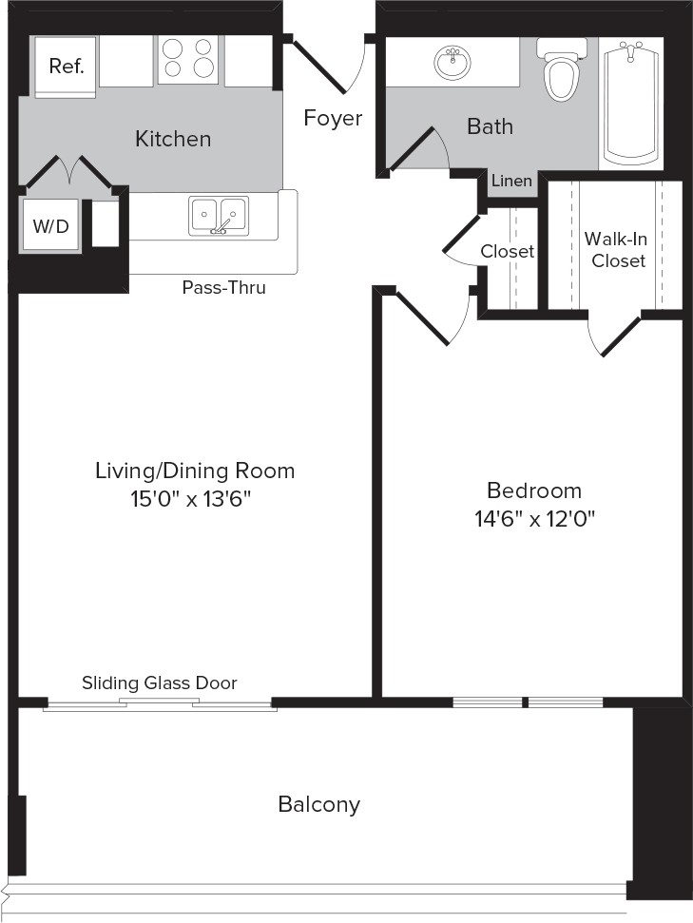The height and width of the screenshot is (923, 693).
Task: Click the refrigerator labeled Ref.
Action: (65, 66)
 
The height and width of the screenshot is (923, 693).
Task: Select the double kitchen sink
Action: (218, 216)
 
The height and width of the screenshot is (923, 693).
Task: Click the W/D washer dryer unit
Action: (50, 225)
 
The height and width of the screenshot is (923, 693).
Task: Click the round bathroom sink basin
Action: (452, 61)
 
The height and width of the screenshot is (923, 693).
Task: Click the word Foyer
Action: (333, 118)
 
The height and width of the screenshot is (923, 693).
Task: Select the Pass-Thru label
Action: (223, 287)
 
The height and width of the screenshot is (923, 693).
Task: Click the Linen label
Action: (511, 181)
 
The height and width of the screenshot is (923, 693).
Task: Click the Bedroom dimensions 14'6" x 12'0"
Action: (534, 520)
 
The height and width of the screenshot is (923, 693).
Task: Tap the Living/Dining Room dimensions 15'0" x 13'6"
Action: (191, 499)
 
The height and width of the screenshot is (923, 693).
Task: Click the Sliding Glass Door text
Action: (159, 683)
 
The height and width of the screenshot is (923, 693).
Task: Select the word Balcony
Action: (319, 804)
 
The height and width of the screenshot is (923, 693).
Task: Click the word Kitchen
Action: (173, 139)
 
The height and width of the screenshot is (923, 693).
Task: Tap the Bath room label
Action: (490, 126)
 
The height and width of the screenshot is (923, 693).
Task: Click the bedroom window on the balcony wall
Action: (528, 702)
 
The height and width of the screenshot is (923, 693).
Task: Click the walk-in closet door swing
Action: (613, 337)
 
